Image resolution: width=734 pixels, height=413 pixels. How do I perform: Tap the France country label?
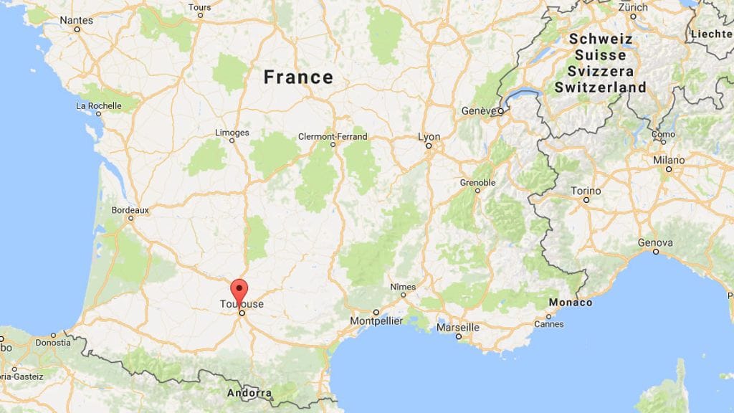click(298, 77)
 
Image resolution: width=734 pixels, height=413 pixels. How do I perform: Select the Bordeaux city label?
click(130, 210)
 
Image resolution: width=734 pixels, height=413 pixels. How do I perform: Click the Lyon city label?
click(429, 136)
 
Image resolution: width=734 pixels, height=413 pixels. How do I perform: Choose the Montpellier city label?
click(376, 321)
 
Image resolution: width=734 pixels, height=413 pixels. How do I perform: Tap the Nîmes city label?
click(402, 287)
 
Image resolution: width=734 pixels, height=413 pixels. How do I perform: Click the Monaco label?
click(570, 303)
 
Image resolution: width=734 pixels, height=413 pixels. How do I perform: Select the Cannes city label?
click(549, 324)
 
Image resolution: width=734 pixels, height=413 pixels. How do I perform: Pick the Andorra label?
click(249, 393)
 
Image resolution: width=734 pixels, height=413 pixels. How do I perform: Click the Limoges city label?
click(232, 133)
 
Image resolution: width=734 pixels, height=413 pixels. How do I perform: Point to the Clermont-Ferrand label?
click(333, 136)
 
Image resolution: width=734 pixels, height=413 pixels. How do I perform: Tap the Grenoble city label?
click(477, 183)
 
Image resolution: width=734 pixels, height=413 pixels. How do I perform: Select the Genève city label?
click(479, 111)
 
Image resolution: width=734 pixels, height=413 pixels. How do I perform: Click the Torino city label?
click(586, 191)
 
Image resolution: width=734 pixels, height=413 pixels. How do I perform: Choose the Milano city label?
click(668, 160)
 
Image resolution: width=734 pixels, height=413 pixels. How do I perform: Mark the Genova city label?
click(655, 242)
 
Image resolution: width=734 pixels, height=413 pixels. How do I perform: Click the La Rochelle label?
click(98, 106)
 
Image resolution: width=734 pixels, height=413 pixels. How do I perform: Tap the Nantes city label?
click(76, 20)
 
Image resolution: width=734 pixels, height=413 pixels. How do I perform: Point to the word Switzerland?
click(600, 87)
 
